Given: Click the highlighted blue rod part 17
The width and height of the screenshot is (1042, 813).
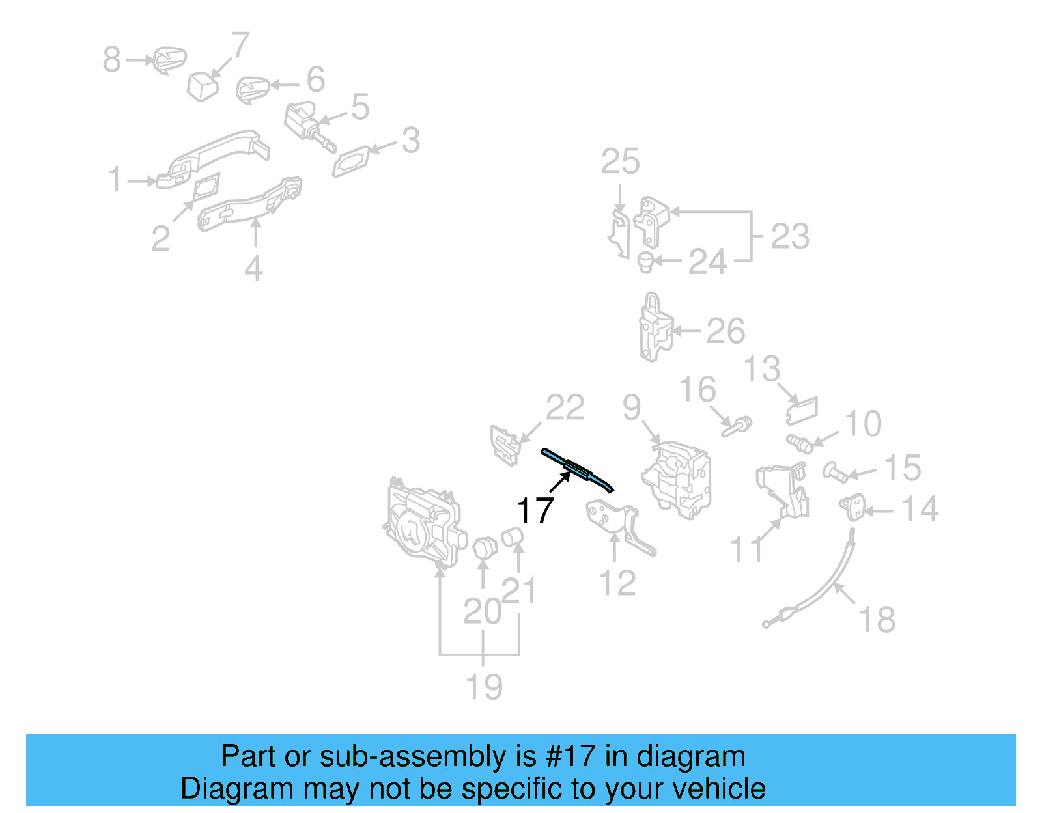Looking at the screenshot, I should pos(576,469).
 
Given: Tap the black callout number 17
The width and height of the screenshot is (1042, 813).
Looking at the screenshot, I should pos(535,510).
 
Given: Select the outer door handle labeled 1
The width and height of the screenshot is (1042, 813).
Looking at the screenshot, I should pos(215,156).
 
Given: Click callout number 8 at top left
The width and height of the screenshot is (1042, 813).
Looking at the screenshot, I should pos(112,59).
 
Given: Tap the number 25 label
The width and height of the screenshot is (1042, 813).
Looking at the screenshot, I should pos(620,161).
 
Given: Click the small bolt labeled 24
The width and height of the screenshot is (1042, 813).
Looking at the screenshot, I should pos(645,262).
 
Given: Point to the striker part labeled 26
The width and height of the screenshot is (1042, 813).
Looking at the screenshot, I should pos(655,328).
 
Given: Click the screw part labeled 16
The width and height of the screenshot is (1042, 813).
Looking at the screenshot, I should pos(737,427).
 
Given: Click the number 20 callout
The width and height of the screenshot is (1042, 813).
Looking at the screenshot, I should pos(482,611).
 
